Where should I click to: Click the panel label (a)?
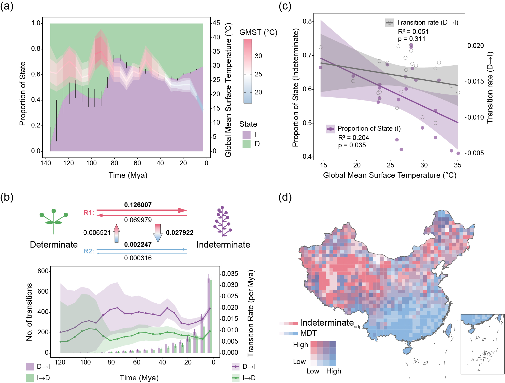click(x=7, y=6)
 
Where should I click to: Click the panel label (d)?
click(x=285, y=197)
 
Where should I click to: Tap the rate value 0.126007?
click(x=138, y=205)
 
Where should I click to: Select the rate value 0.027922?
click(x=180, y=233)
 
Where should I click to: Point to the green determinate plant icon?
click(x=54, y=221)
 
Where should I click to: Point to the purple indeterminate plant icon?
click(x=223, y=221)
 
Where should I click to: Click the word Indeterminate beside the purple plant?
click(x=223, y=245)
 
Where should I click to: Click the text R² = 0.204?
click(x=354, y=138)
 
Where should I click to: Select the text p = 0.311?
click(x=412, y=39)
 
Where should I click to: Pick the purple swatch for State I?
click(x=246, y=135)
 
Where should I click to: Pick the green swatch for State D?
click(x=246, y=144)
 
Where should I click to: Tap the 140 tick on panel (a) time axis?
click(x=46, y=163)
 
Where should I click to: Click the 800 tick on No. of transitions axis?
click(x=43, y=271)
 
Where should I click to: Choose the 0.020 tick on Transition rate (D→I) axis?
click(x=476, y=46)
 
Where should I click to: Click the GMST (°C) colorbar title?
click(x=258, y=32)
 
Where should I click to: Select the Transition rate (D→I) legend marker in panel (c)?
click(x=390, y=23)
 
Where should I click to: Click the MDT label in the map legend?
click(x=308, y=333)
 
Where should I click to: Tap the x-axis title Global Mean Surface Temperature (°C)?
click(x=390, y=175)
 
